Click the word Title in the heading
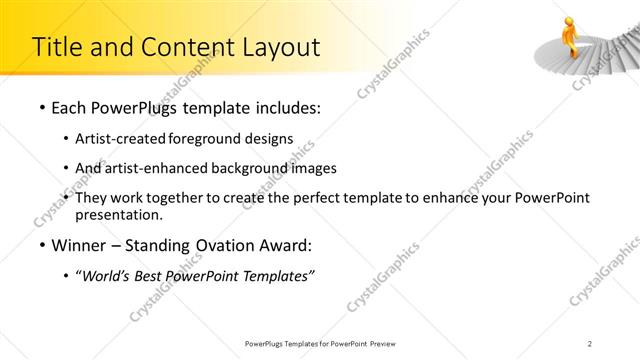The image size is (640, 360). click(58, 47)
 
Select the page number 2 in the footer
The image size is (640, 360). click(592, 343)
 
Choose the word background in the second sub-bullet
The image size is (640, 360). click(270, 168)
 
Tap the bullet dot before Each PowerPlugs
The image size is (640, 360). click(40, 108)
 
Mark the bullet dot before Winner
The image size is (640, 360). click(40, 246)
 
